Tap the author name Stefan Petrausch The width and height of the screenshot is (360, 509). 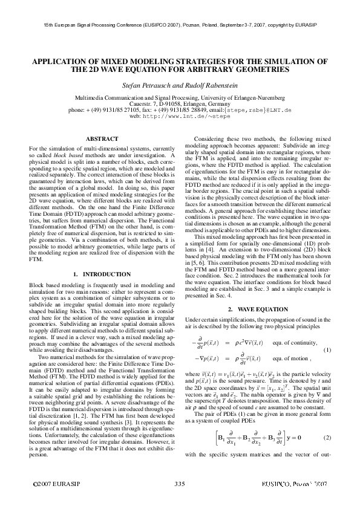click(150, 85)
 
